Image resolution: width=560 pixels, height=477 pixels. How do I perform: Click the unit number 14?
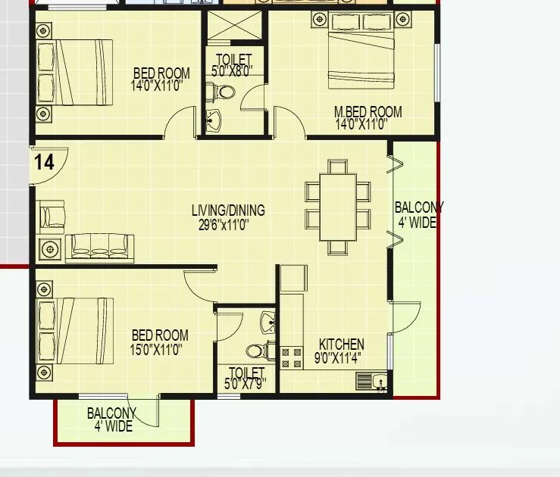[44, 162]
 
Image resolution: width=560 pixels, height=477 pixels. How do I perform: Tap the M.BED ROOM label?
[368, 112]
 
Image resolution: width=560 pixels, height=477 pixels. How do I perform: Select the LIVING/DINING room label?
[228, 210]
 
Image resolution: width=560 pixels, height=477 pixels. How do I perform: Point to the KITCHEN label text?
[341, 344]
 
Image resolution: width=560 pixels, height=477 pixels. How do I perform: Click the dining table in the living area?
[338, 206]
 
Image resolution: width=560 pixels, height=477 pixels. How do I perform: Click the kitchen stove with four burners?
[292, 357]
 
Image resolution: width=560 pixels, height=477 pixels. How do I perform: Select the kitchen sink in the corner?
[371, 381]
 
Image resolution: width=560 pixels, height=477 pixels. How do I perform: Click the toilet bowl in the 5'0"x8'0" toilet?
[224, 92]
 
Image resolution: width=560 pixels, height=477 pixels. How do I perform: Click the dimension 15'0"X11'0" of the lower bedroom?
[157, 350]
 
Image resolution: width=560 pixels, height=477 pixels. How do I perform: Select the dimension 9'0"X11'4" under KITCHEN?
[338, 358]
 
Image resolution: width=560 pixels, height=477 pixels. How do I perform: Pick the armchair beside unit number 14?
[52, 216]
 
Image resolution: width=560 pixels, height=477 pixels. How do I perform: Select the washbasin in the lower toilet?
[267, 321]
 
